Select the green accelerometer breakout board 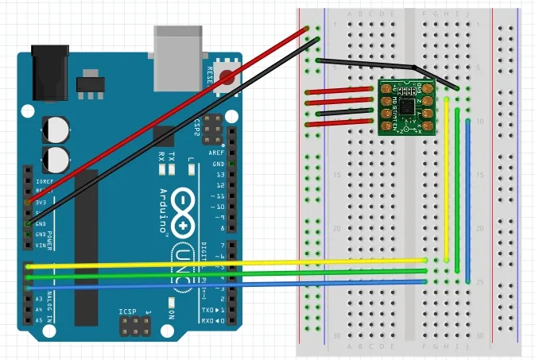(406, 106)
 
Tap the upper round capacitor (56, 127)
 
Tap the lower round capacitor (56, 157)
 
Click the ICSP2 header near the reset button (211, 126)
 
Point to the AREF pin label (217, 153)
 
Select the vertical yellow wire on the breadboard (447, 179)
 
